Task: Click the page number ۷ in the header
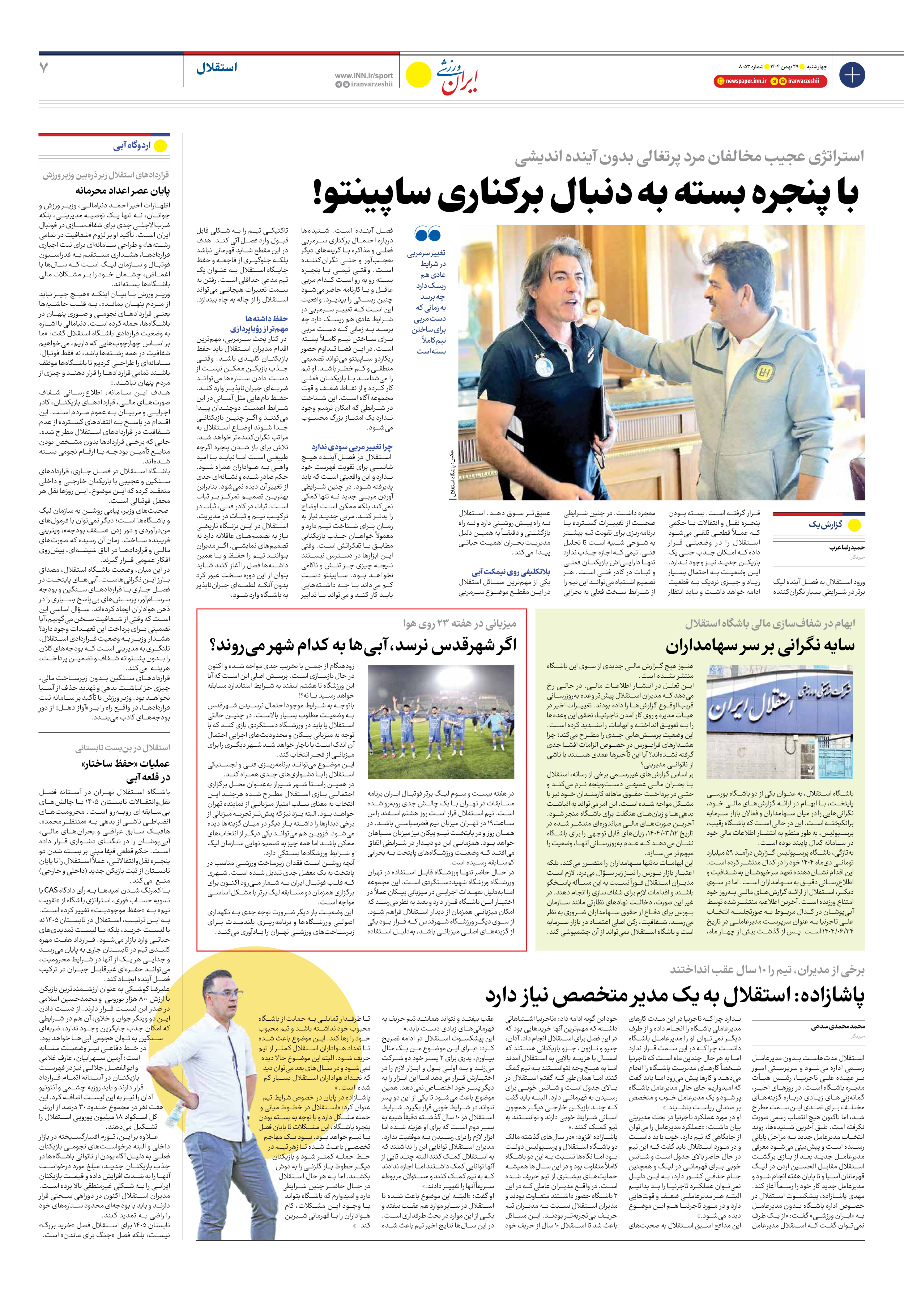(x=44, y=68)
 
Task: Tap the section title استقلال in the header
(x=217, y=68)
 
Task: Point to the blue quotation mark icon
(x=427, y=233)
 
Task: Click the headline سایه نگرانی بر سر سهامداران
(x=759, y=646)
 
